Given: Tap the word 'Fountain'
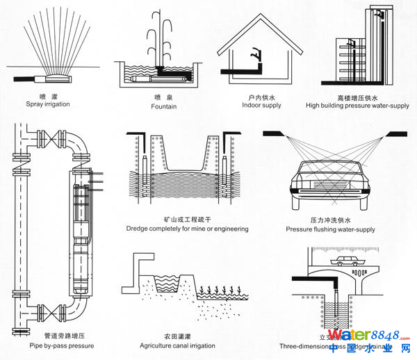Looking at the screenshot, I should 164,106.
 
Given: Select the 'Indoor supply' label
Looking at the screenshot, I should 261,105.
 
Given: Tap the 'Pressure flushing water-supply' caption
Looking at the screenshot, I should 331,229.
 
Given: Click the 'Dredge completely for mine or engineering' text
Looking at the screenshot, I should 187,228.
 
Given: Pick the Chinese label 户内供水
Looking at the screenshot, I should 261,96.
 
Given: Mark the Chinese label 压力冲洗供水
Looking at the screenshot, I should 331,219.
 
